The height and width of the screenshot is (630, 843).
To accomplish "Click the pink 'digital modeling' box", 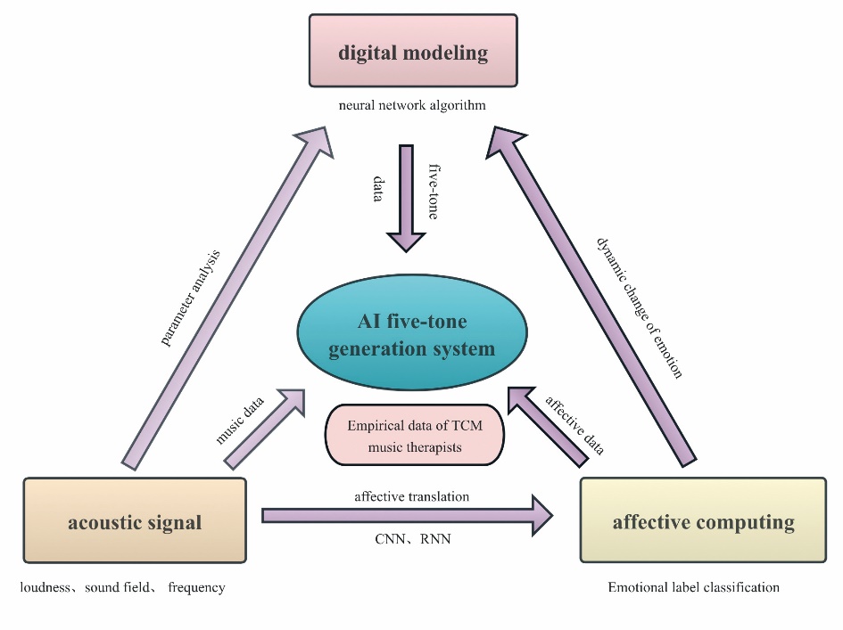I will point(414,53).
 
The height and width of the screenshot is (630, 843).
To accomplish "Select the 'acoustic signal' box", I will point(135,521).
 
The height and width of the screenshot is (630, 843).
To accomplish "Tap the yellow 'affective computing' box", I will point(703,521).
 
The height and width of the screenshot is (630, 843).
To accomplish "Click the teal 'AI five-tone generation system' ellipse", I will point(411,335).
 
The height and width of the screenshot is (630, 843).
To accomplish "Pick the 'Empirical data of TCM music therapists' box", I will point(415,436).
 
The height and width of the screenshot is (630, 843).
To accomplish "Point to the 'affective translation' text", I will point(411,496).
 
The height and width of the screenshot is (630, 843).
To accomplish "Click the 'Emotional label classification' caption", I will point(693,587).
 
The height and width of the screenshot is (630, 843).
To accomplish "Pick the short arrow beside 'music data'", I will point(268,427).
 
